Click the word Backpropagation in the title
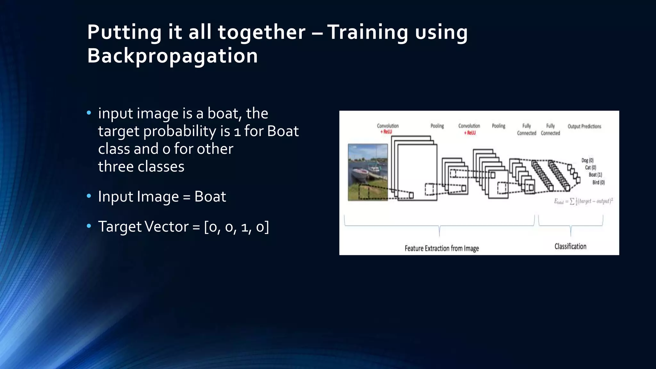pyautogui.click(x=172, y=56)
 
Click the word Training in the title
pyautogui.click(x=367, y=32)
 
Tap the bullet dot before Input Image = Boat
pyautogui.click(x=89, y=196)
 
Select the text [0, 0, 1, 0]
pyautogui.click(x=236, y=227)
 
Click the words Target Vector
pyautogui.click(x=143, y=227)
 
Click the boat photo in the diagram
pyautogui.click(x=368, y=172)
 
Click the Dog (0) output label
pyautogui.click(x=587, y=160)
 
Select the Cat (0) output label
pyautogui.click(x=590, y=168)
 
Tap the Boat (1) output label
pyautogui.click(x=595, y=175)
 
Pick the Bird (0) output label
pyautogui.click(x=598, y=182)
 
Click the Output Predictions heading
pyautogui.click(x=584, y=126)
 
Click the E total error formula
pyautogui.click(x=583, y=201)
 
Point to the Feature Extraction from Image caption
pyautogui.click(x=441, y=248)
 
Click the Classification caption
pyautogui.click(x=570, y=246)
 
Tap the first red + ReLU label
pyautogui.click(x=386, y=132)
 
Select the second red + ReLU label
pyautogui.click(x=470, y=133)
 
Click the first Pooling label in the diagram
pyautogui.click(x=437, y=126)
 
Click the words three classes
pyautogui.click(x=141, y=167)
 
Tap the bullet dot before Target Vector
pyautogui.click(x=89, y=226)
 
